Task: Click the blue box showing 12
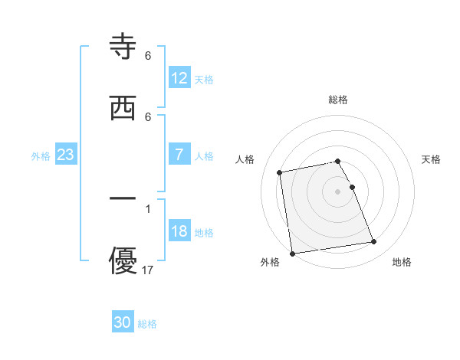(x=179, y=78)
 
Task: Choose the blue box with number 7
(x=179, y=155)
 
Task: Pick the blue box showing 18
(x=179, y=231)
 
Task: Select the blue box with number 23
(x=66, y=155)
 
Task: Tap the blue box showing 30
(x=123, y=322)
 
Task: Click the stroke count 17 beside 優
(x=149, y=270)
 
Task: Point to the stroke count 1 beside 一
(x=148, y=208)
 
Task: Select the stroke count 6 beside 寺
(x=148, y=56)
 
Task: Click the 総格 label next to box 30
(x=147, y=324)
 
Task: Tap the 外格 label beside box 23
(x=41, y=155)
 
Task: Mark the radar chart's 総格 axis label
(x=338, y=100)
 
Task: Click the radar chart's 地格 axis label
(x=402, y=262)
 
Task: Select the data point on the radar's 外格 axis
(x=292, y=253)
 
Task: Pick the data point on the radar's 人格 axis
(x=280, y=172)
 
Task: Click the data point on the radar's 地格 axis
(x=373, y=242)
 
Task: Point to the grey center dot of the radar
(x=338, y=191)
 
